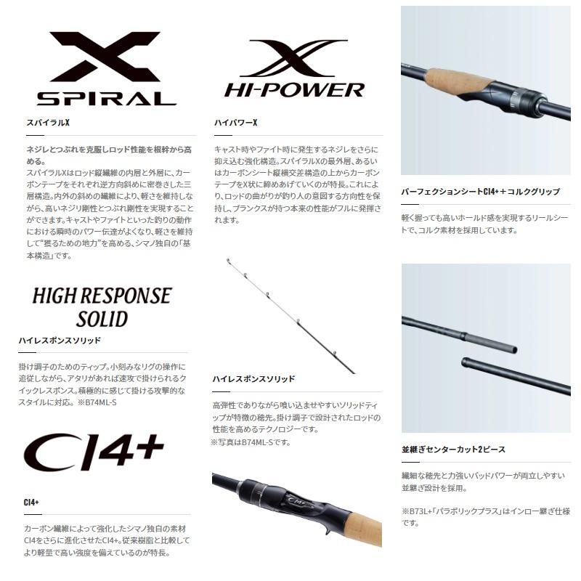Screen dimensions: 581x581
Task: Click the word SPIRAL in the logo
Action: point(107,99)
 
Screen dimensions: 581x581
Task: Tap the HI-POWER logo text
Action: point(294,90)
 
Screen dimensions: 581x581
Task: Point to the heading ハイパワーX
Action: point(236,123)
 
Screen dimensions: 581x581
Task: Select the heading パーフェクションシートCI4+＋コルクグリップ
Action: point(480,192)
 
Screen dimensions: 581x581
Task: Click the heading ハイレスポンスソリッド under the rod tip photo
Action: point(253,379)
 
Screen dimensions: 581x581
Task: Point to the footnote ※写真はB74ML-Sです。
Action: point(251,442)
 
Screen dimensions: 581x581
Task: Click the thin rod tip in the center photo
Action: point(283,306)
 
